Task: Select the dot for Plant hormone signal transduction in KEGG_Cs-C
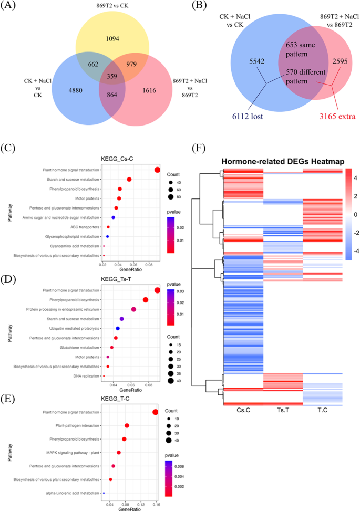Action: (157, 169)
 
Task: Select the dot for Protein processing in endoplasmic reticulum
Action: (133, 309)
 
